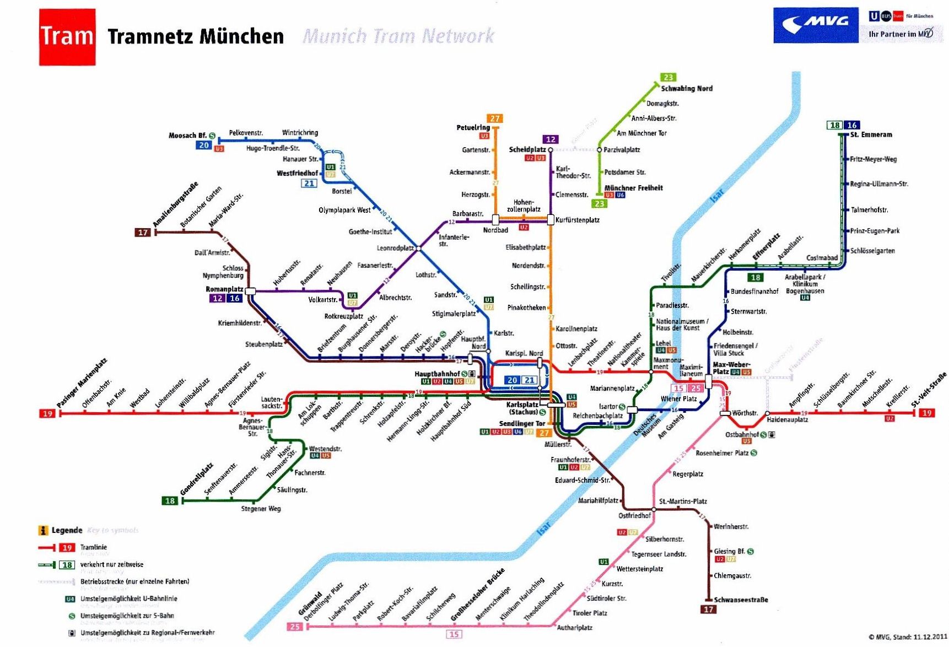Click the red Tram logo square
click(67, 37)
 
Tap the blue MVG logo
click(815, 25)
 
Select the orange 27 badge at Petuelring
click(494, 118)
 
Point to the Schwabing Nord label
click(686, 89)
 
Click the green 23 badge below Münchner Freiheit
click(599, 203)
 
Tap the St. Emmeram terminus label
click(871, 134)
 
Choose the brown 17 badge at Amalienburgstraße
click(143, 233)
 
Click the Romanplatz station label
click(224, 289)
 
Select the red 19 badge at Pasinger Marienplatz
click(47, 413)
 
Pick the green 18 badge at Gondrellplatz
click(170, 500)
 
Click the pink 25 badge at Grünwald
click(294, 627)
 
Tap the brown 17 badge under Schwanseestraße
click(708, 609)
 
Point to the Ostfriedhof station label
click(634, 516)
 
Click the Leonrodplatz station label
click(395, 248)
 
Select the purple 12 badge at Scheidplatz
click(550, 139)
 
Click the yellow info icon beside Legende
click(43, 530)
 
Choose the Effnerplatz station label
click(766, 246)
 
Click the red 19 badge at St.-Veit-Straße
click(927, 413)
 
